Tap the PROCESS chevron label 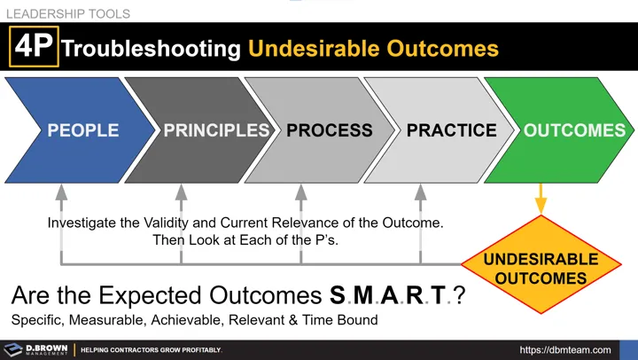329,130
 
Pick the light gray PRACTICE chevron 451,130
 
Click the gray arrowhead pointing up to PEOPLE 61,191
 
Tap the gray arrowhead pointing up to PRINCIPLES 181,191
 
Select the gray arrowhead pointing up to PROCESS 301,191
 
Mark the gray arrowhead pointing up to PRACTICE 421,191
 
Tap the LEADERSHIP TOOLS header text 67,13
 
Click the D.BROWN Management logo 35,349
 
